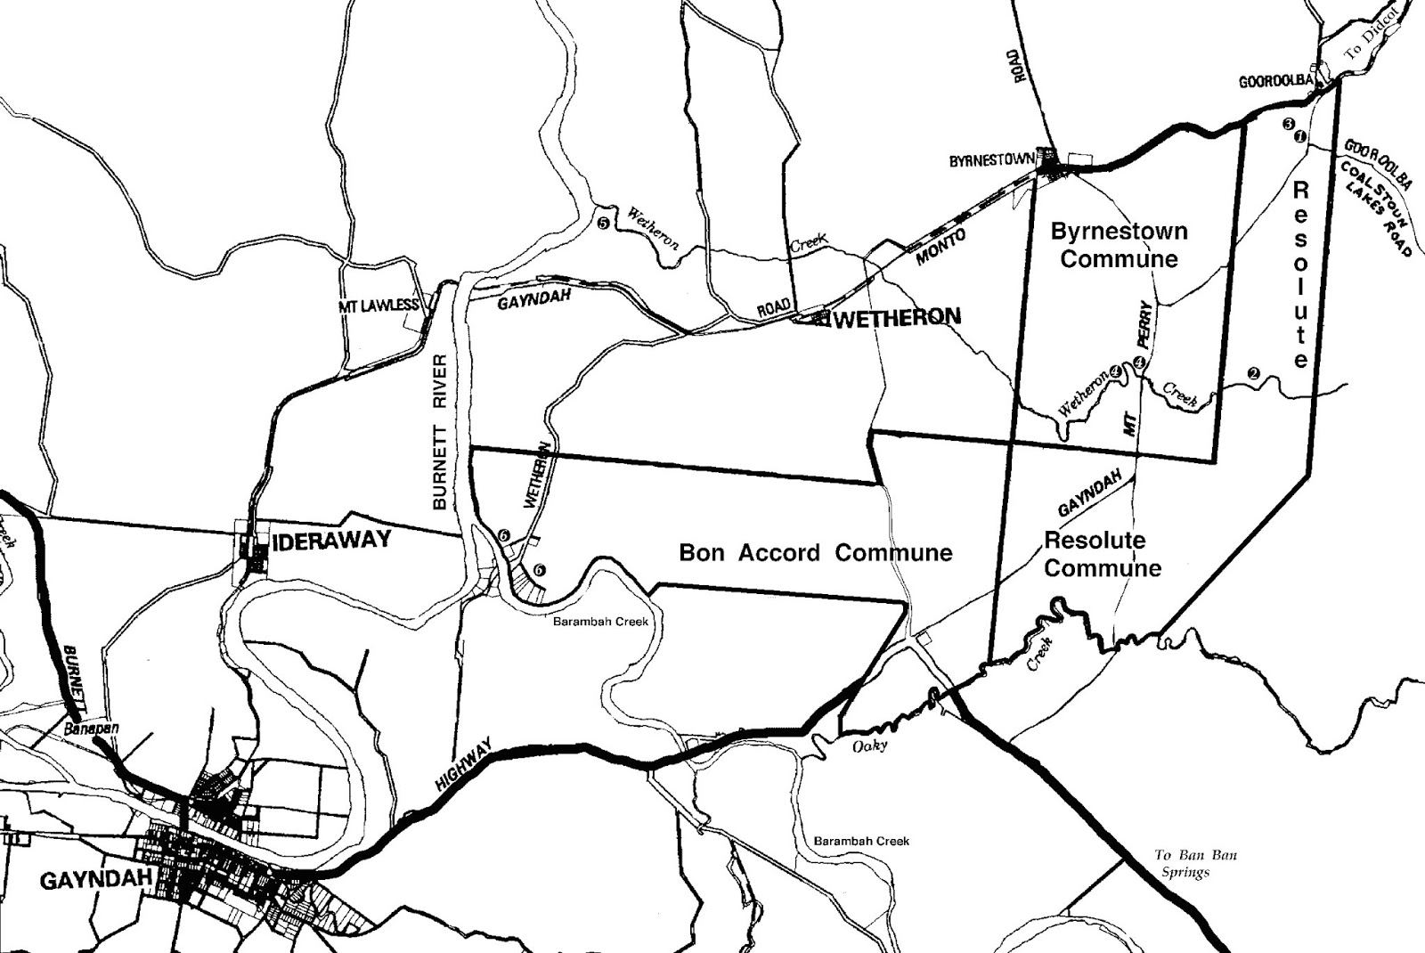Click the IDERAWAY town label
[332, 540]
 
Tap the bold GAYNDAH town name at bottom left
[97, 881]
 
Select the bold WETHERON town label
[899, 317]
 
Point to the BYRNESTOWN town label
[992, 161]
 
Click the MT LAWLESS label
[379, 305]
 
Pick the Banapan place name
[92, 729]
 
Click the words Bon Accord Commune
[815, 553]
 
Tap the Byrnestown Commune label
[1119, 245]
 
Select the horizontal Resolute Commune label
[1103, 554]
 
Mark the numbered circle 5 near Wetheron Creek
[603, 223]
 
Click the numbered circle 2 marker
[1253, 373]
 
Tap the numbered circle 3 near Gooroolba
[1288, 124]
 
